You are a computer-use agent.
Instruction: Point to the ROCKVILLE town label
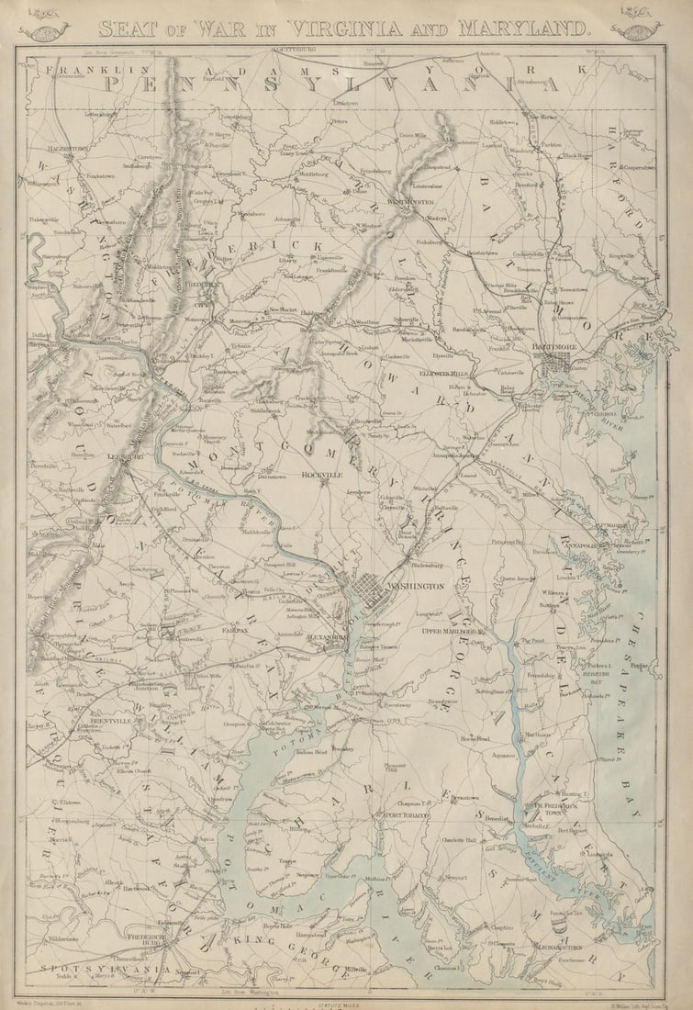[x=322, y=475]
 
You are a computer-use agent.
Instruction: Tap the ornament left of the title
[x=44, y=27]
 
